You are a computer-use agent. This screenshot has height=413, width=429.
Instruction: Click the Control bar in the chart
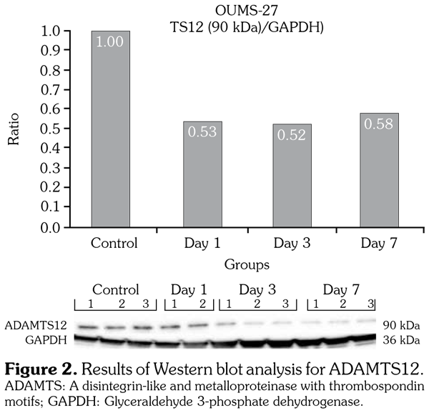[110, 129]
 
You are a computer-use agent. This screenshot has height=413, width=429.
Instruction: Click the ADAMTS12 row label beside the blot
[33, 325]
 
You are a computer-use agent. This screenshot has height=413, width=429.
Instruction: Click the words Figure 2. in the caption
[44, 370]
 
